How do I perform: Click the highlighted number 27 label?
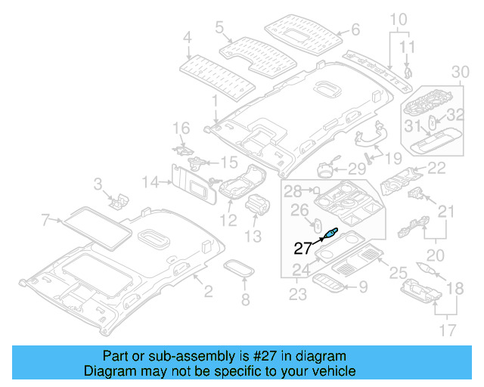click(x=303, y=246)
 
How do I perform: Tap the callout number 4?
click(x=188, y=36)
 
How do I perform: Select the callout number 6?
click(x=355, y=31)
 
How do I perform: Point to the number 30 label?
click(x=460, y=72)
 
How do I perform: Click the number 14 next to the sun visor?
click(x=150, y=181)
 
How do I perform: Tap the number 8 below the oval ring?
click(x=244, y=301)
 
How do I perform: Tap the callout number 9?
click(x=363, y=286)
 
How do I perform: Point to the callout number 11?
click(x=408, y=48)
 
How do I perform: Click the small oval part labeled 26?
click(x=318, y=225)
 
